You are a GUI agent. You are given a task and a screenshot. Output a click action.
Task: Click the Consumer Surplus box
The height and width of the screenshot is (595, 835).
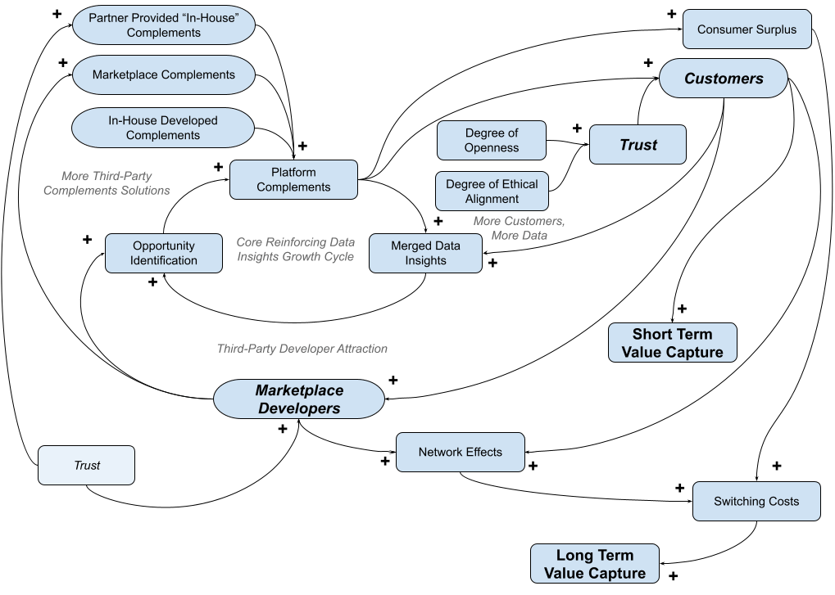pyautogui.click(x=747, y=29)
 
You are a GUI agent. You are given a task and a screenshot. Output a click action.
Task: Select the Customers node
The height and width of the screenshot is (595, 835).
pyautogui.click(x=724, y=79)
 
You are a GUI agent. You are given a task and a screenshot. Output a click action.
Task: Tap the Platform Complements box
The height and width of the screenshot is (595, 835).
pyautogui.click(x=293, y=179)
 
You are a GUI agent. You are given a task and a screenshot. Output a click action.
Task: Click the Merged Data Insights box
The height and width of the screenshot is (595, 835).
pyautogui.click(x=425, y=253)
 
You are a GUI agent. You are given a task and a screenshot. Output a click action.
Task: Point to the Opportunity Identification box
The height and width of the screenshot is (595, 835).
pyautogui.click(x=164, y=253)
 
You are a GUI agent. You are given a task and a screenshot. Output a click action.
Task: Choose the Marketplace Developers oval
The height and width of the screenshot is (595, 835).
pyautogui.click(x=299, y=399)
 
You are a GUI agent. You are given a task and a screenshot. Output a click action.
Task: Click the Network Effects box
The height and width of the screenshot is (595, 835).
pyautogui.click(x=460, y=452)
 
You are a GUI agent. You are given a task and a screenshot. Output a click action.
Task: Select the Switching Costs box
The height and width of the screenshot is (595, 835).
pyautogui.click(x=756, y=501)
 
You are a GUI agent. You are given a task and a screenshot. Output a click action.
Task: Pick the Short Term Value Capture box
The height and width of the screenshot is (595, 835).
pyautogui.click(x=672, y=343)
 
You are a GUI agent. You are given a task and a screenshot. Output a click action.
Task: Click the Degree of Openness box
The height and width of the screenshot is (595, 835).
pyautogui.click(x=492, y=140)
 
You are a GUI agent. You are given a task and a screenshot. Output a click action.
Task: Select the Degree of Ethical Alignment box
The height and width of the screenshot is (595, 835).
pyautogui.click(x=492, y=192)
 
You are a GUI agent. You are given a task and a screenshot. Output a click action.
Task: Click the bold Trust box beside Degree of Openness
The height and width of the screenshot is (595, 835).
pyautogui.click(x=638, y=145)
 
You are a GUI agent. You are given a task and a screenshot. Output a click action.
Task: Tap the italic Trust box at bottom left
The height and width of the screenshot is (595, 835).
pyautogui.click(x=87, y=466)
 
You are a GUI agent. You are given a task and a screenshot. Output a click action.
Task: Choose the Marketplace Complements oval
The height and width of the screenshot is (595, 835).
pyautogui.click(x=164, y=74)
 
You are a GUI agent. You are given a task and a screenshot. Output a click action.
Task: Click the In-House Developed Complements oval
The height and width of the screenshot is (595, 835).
pyautogui.click(x=163, y=128)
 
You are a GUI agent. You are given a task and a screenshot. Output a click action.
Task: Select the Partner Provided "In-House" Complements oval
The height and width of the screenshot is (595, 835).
pyautogui.click(x=163, y=25)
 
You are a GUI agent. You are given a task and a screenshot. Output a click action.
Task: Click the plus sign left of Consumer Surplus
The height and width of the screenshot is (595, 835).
pyautogui.click(x=671, y=14)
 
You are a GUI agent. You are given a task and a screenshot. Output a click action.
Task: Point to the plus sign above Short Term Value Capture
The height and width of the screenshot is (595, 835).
pyautogui.click(x=682, y=309)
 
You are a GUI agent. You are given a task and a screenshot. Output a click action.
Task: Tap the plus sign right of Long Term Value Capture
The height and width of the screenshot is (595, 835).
pyautogui.click(x=674, y=576)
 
